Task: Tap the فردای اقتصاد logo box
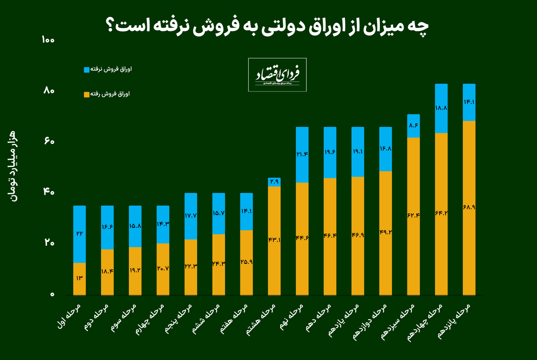click(x=277, y=75)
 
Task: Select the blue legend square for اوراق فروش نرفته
click(x=87, y=69)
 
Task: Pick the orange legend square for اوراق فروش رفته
click(x=87, y=95)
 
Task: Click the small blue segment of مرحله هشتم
click(x=274, y=182)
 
